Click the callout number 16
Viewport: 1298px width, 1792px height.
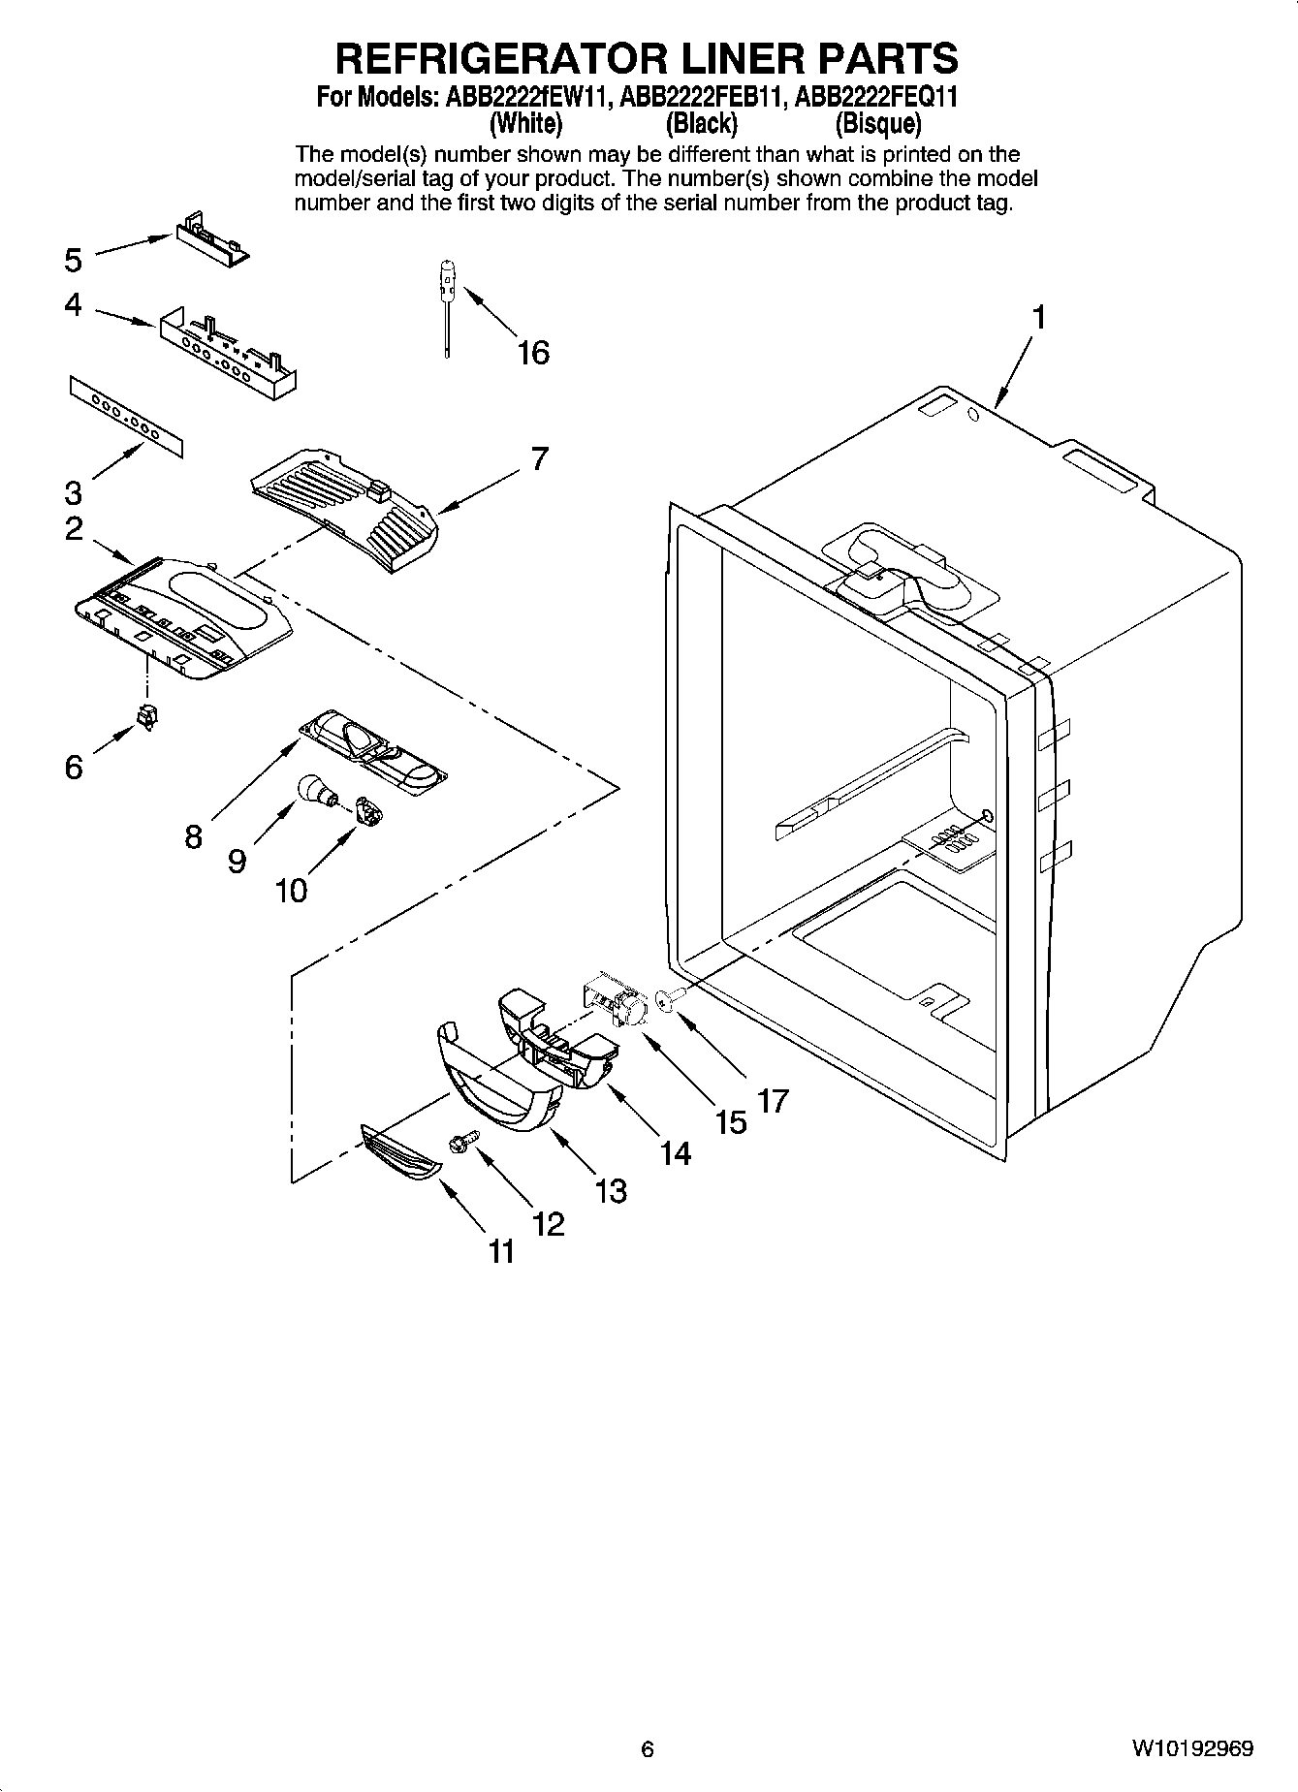coord(533,353)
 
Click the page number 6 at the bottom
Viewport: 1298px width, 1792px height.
coord(648,1749)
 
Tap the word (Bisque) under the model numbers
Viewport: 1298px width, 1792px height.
coord(878,124)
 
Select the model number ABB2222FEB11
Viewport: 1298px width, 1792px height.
coord(702,98)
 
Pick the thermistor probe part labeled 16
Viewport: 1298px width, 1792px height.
coord(447,310)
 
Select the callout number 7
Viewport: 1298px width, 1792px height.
coord(540,458)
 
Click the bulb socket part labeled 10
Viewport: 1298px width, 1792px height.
coord(365,810)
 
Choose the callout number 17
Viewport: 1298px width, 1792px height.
coord(774,1101)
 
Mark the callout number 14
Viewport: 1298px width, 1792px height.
coord(676,1152)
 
